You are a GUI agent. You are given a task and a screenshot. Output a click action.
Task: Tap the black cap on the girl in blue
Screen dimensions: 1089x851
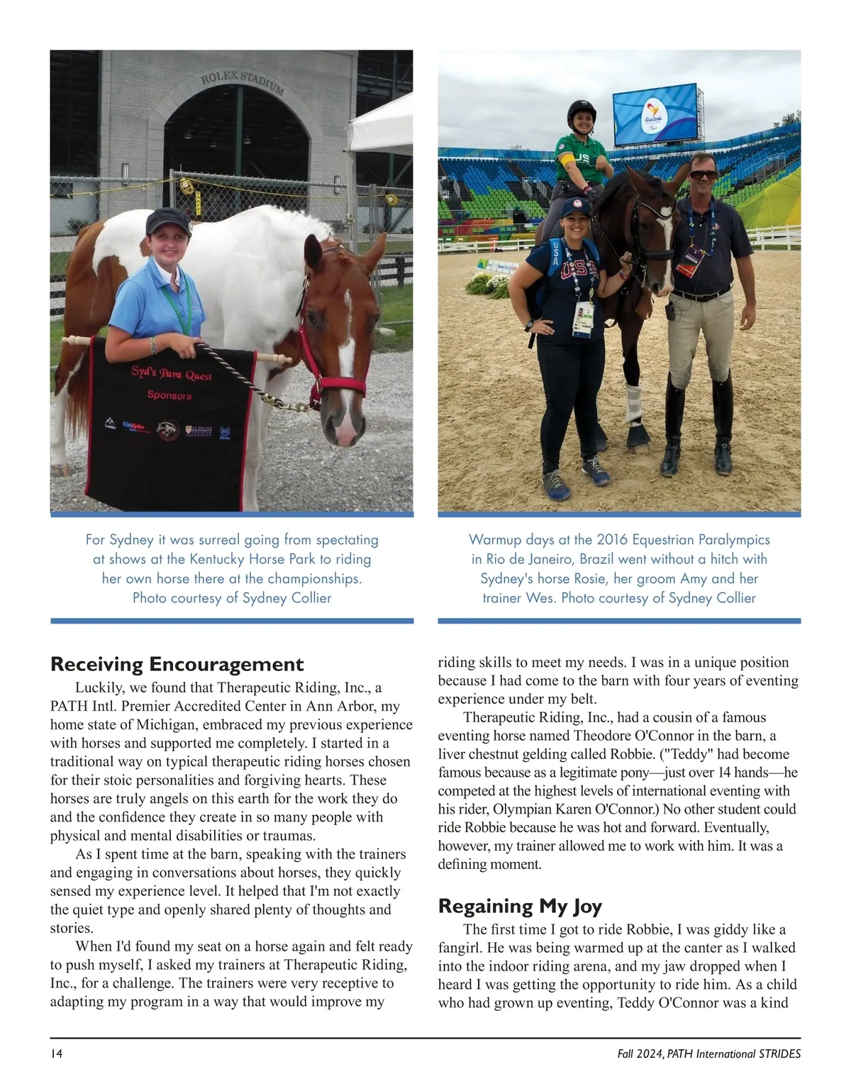click(167, 221)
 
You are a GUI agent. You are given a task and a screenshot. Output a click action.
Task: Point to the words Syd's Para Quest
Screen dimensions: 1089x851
click(171, 372)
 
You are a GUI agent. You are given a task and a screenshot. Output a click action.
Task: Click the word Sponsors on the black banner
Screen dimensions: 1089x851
click(169, 394)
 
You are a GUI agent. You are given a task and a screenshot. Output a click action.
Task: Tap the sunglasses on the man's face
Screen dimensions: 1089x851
click(703, 175)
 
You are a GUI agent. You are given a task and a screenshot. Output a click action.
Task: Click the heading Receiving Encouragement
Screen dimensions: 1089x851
click(177, 664)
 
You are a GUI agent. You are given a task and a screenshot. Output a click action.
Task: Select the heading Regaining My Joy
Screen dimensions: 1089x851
click(520, 906)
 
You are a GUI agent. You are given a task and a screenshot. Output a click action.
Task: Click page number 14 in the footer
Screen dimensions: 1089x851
click(57, 1054)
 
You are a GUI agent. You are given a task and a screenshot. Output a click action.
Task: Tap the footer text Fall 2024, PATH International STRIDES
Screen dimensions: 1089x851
click(708, 1054)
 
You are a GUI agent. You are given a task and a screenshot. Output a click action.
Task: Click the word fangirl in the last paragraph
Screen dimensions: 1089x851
click(461, 948)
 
